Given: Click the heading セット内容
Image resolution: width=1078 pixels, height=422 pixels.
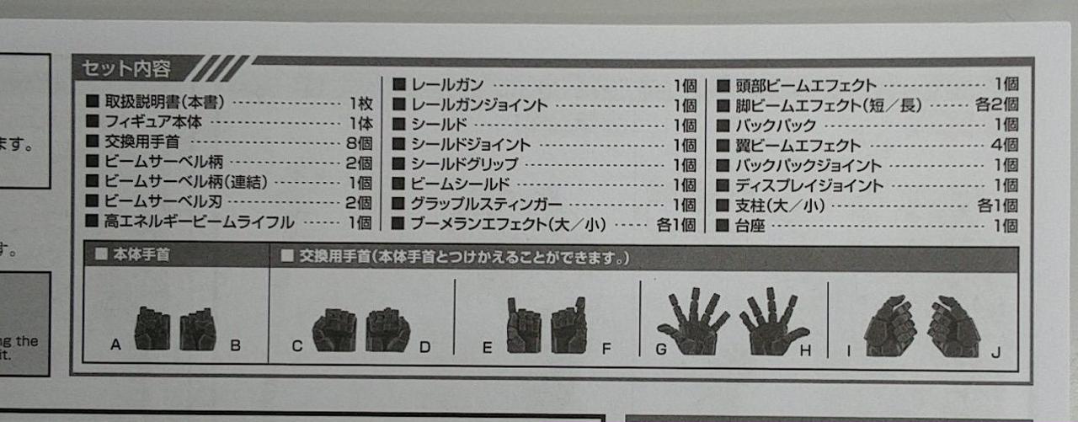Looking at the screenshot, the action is (x=126, y=69).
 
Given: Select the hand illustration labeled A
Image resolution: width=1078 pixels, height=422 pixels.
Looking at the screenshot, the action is (x=152, y=329).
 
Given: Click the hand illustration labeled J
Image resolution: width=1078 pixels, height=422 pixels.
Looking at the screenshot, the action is (x=954, y=326).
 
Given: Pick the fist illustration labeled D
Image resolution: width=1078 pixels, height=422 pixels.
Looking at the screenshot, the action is (x=387, y=329).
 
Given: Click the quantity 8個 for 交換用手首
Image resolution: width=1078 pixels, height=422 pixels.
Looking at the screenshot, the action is (x=359, y=143).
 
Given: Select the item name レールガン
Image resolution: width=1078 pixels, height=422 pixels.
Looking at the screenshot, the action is (x=447, y=85).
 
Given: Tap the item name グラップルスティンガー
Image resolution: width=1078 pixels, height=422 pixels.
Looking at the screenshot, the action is (x=486, y=204).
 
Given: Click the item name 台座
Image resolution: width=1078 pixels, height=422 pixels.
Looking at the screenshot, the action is (x=750, y=226).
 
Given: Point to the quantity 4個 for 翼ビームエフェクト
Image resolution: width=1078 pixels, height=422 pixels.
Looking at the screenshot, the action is (x=1005, y=144).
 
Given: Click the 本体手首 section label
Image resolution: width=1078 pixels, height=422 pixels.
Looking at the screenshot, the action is (x=141, y=254).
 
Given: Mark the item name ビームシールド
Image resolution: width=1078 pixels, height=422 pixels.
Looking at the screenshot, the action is (x=460, y=184).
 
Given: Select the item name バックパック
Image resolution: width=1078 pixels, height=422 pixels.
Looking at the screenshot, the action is (x=776, y=126).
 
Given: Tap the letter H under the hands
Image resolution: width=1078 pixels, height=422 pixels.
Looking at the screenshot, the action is (x=805, y=350).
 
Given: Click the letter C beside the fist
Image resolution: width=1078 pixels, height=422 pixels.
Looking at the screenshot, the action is (x=297, y=346).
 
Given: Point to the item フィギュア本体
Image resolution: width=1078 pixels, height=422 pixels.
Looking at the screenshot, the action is (x=153, y=122).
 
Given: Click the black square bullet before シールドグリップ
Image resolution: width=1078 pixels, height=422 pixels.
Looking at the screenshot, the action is (x=398, y=164).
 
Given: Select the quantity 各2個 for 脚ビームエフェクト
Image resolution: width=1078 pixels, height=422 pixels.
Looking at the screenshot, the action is (x=996, y=104).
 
